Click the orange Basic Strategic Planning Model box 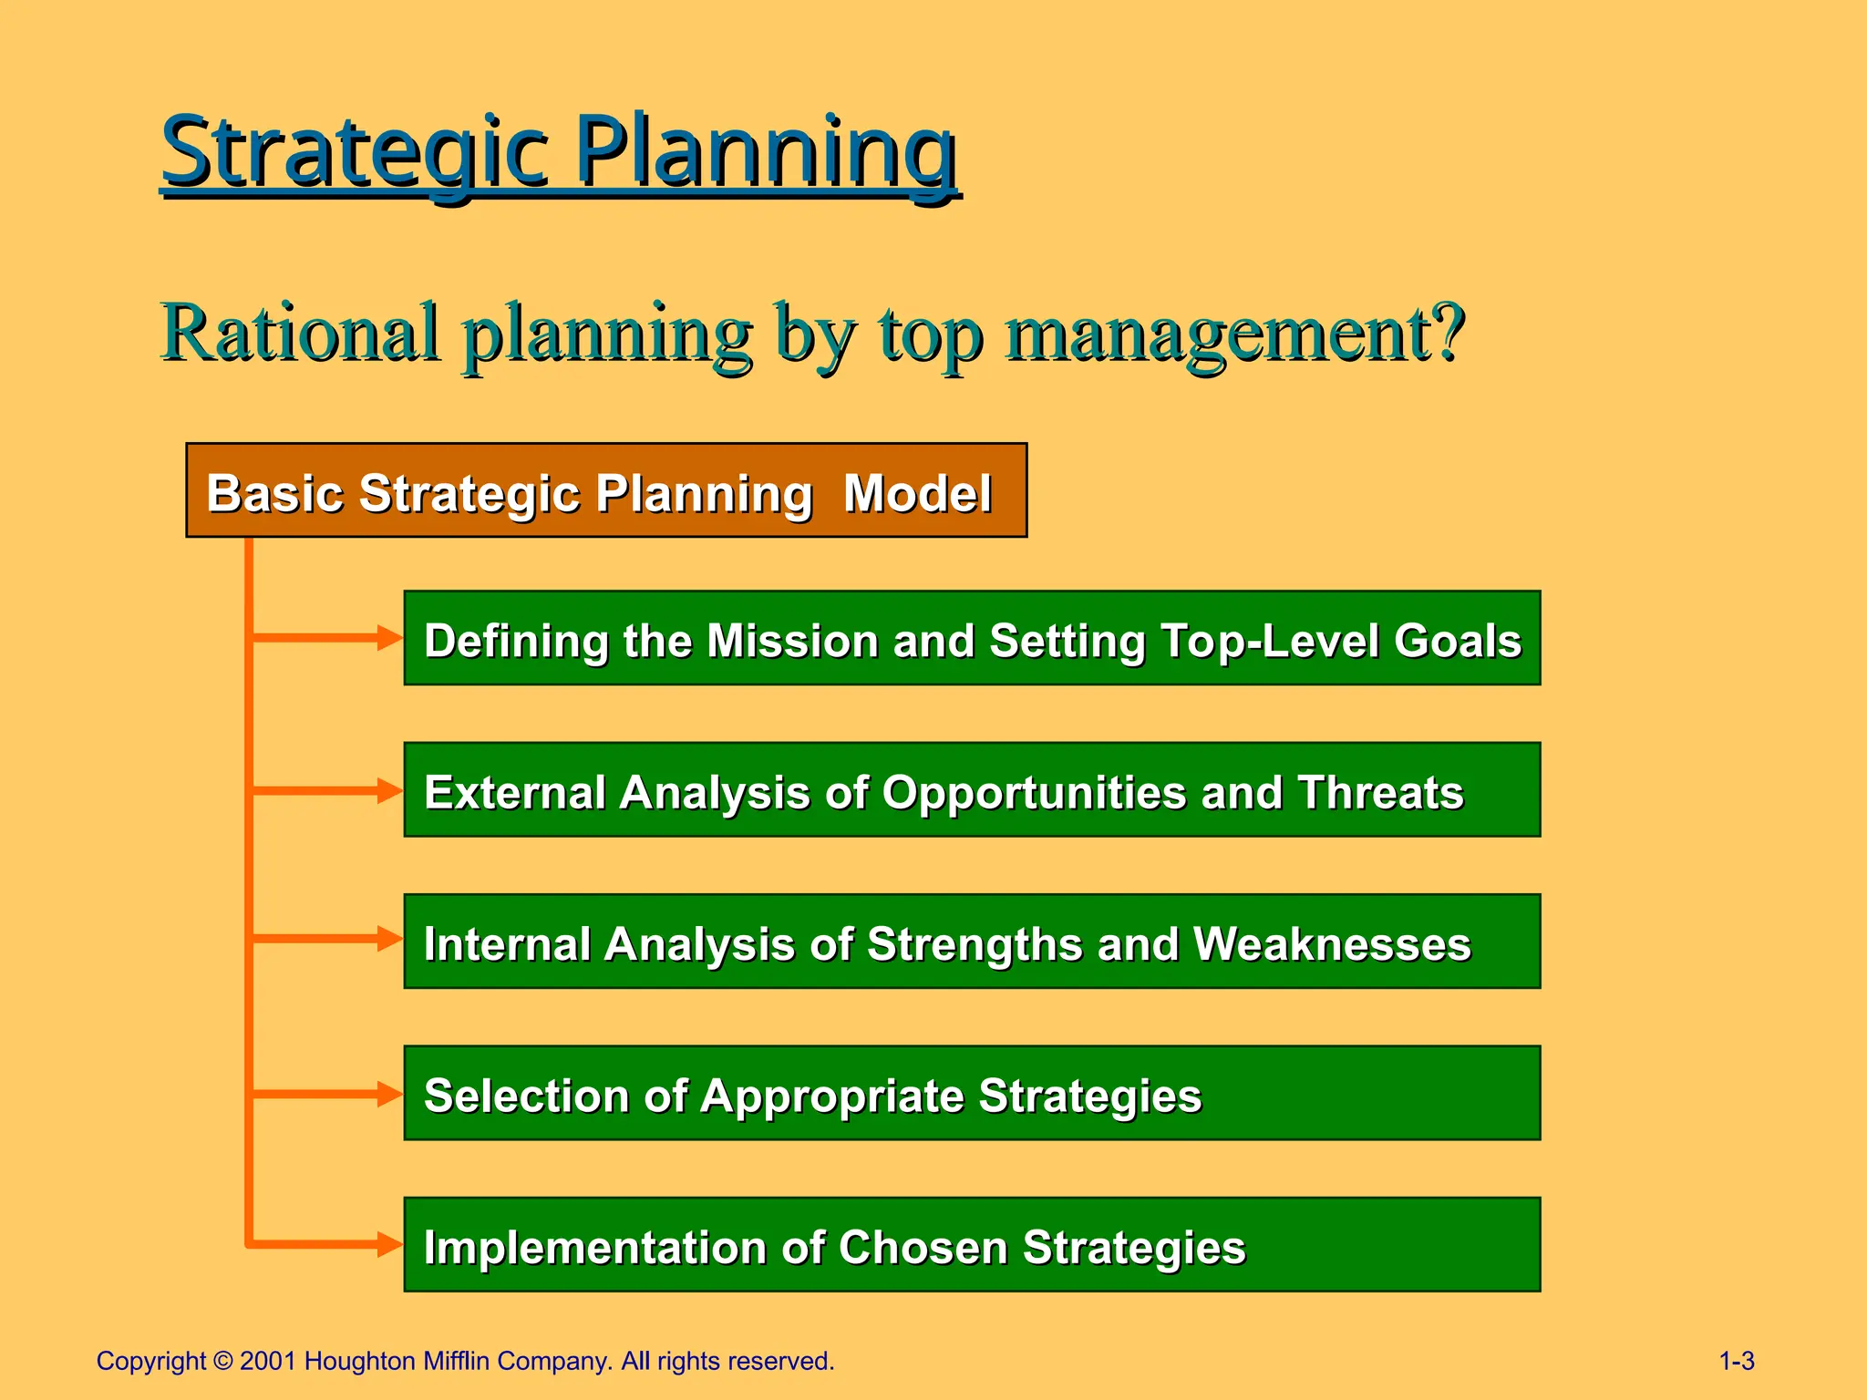(x=606, y=490)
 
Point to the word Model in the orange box (x=917, y=494)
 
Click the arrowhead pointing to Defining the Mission (x=390, y=637)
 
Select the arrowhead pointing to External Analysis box (x=390, y=789)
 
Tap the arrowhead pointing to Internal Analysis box (x=390, y=938)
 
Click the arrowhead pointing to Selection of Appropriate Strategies (x=390, y=1093)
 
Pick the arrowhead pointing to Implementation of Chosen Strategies (x=390, y=1243)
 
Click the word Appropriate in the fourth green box (x=831, y=1096)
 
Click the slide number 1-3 (x=1736, y=1362)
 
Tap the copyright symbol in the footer (x=223, y=1362)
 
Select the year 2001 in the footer (x=268, y=1362)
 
